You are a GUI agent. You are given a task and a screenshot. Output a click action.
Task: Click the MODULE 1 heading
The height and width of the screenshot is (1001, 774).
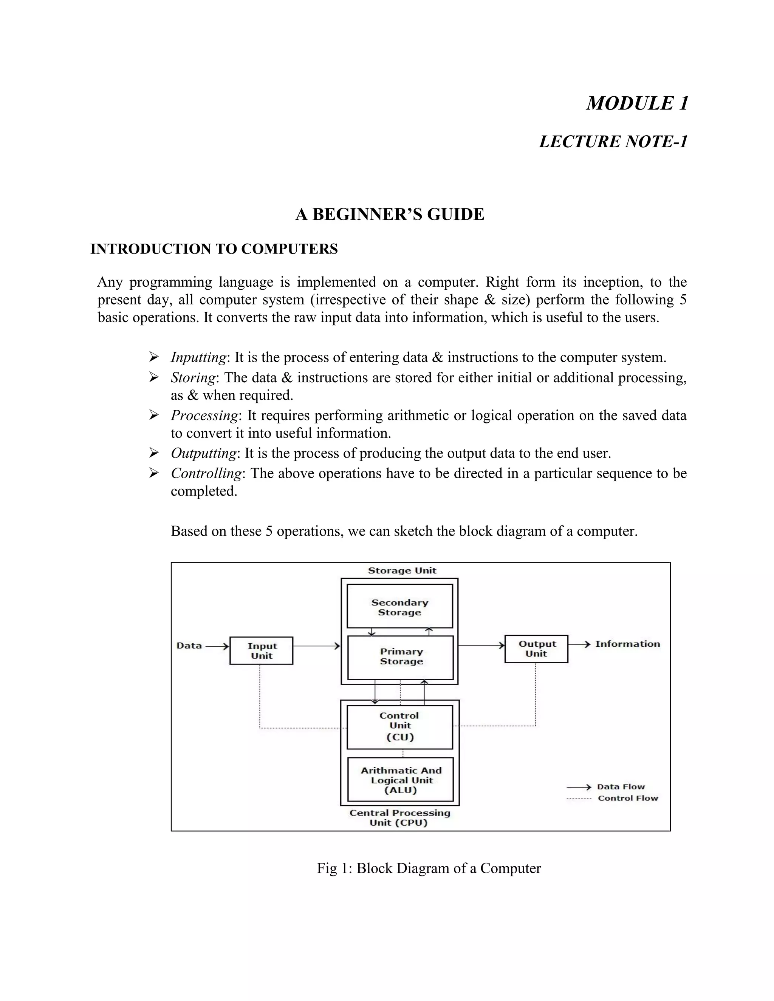(637, 103)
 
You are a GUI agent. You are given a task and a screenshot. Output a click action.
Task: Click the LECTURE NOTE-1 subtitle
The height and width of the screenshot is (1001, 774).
(613, 142)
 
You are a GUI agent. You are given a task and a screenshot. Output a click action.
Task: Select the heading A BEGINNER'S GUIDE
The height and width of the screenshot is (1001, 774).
(389, 215)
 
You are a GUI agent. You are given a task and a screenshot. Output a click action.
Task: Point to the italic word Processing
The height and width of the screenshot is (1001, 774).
(204, 415)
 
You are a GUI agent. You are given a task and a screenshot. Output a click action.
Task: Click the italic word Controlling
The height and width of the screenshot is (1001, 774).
(206, 473)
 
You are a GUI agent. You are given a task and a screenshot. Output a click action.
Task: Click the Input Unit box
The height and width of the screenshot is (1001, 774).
(262, 650)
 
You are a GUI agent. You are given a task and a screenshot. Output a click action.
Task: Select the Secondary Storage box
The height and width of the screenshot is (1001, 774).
(399, 606)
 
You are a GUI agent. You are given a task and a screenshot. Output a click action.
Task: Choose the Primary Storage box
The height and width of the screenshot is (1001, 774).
(401, 657)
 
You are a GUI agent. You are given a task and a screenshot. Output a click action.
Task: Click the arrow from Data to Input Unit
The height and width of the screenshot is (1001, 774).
(217, 646)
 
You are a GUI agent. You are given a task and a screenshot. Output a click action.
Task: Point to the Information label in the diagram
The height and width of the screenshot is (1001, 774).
(627, 644)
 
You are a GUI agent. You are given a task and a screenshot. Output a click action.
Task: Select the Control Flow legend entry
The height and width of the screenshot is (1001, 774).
(627, 798)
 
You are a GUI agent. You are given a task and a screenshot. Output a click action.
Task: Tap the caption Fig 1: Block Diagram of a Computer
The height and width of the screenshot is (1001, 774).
(429, 868)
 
